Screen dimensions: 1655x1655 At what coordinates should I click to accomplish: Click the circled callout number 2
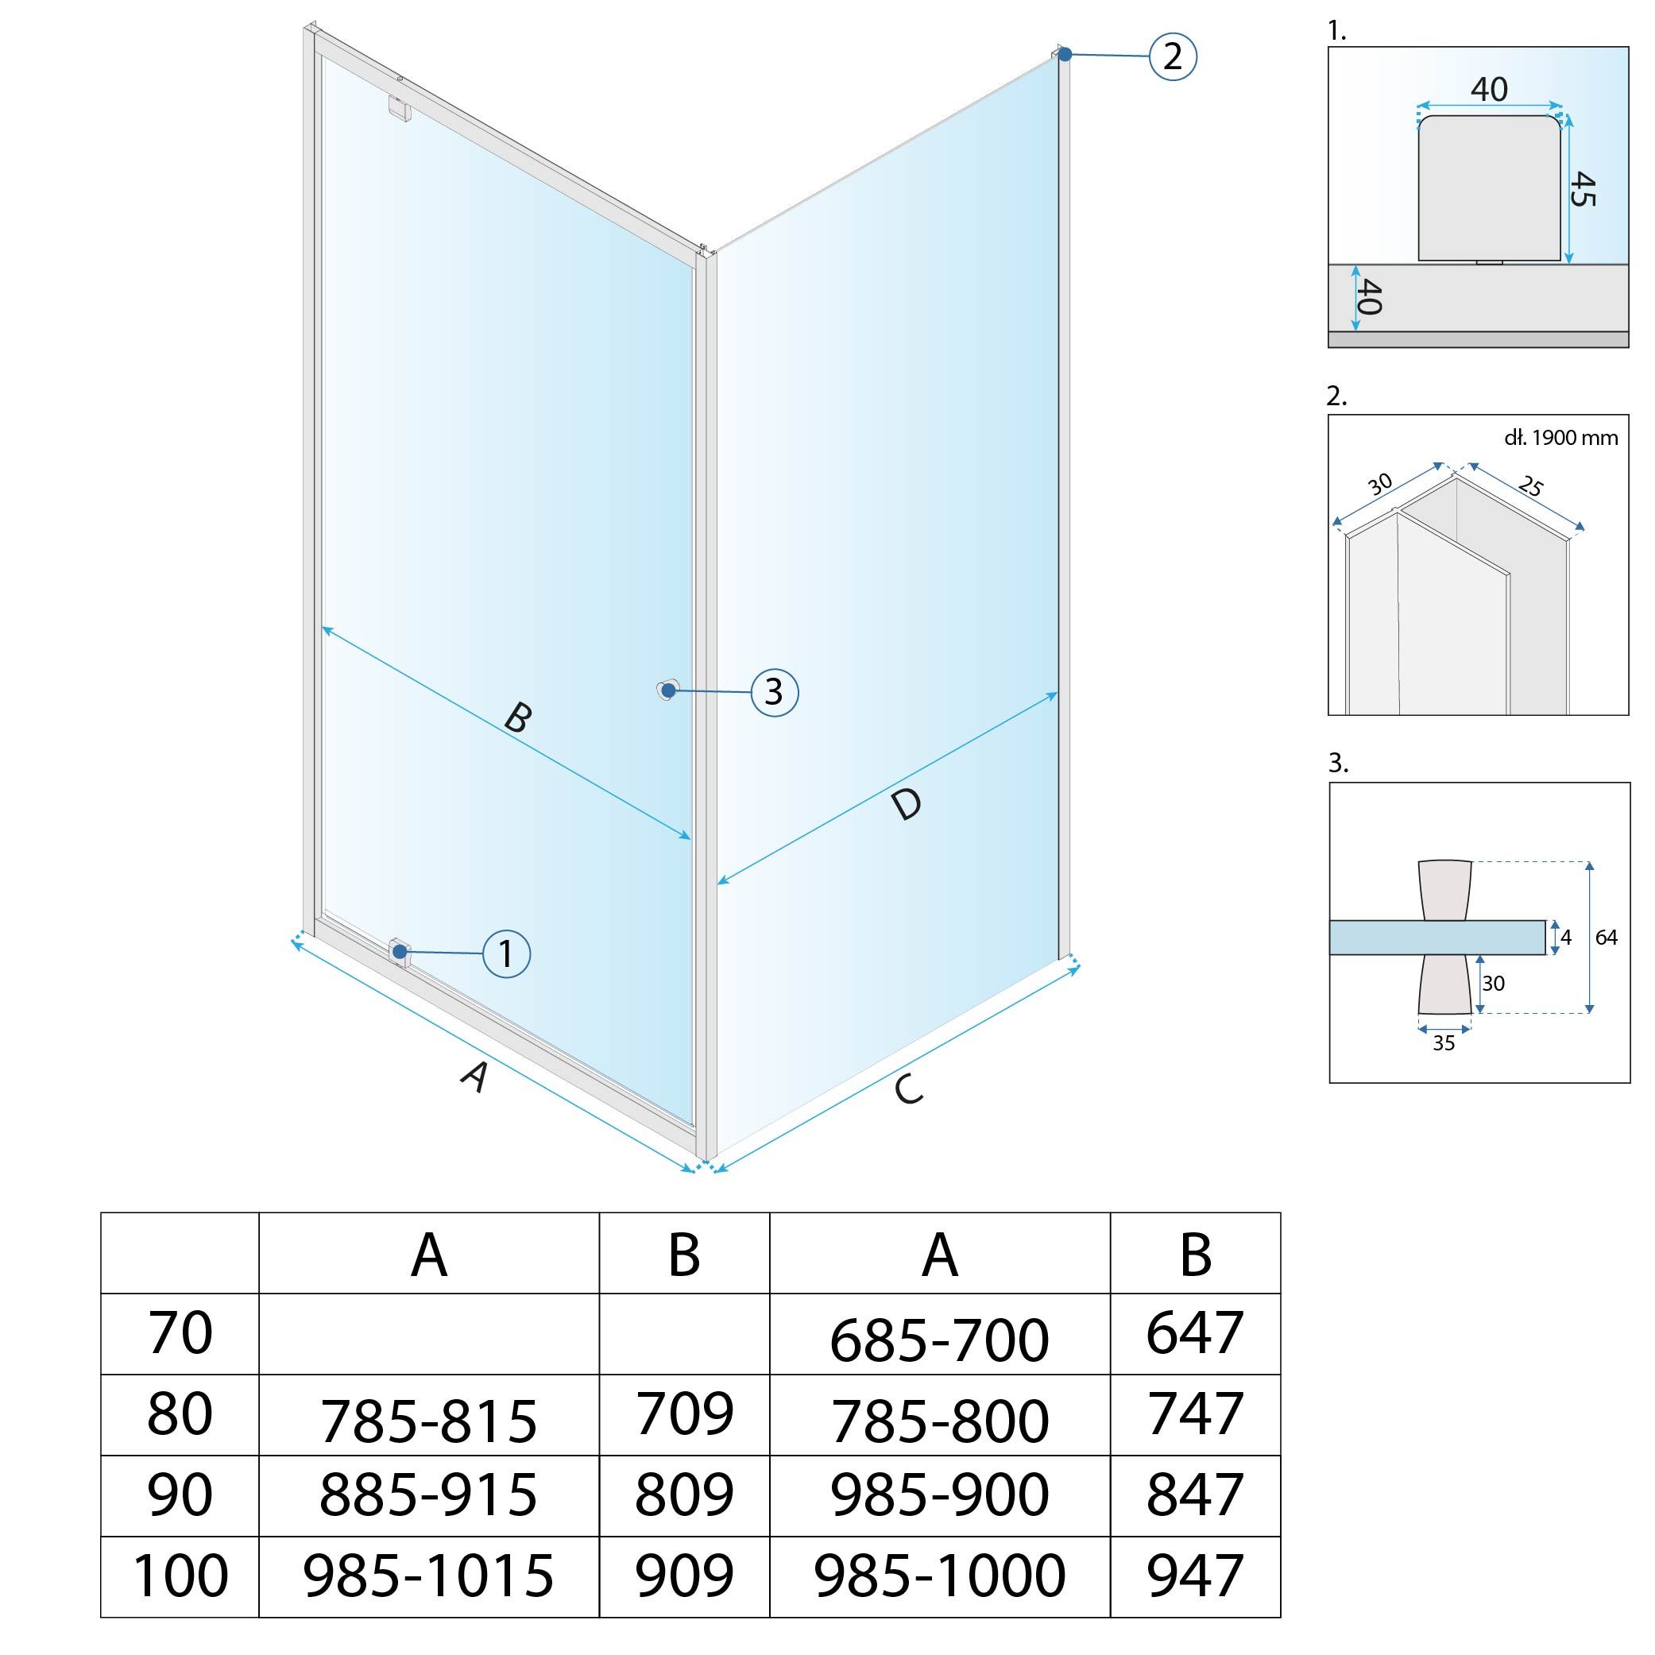coord(1172,56)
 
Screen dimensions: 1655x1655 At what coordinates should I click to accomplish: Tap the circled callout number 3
coord(775,691)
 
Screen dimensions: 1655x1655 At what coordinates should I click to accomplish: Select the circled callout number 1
coord(506,953)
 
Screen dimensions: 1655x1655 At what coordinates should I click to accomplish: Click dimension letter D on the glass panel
coord(906,804)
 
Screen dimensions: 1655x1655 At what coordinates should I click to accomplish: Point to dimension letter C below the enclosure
coord(908,1089)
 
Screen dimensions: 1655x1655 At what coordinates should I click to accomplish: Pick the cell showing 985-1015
coord(428,1575)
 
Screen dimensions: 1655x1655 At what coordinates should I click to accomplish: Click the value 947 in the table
coord(1194,1575)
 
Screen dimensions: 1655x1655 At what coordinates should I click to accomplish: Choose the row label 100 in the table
coord(180,1575)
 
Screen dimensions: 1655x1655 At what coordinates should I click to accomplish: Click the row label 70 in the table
coord(180,1333)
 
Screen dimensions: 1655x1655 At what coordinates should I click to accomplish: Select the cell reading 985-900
coord(939,1495)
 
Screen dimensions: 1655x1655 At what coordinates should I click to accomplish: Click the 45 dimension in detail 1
coord(1583,188)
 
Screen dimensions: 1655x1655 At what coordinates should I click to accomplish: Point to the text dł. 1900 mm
coord(1560,438)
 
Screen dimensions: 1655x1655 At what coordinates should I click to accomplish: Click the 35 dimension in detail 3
coord(1444,1042)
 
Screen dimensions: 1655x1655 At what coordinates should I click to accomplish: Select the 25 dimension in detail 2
coord(1530,486)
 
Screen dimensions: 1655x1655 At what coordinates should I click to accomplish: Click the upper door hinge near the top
coord(399,108)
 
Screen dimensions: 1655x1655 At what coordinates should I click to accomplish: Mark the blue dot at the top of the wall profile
coord(1065,54)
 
